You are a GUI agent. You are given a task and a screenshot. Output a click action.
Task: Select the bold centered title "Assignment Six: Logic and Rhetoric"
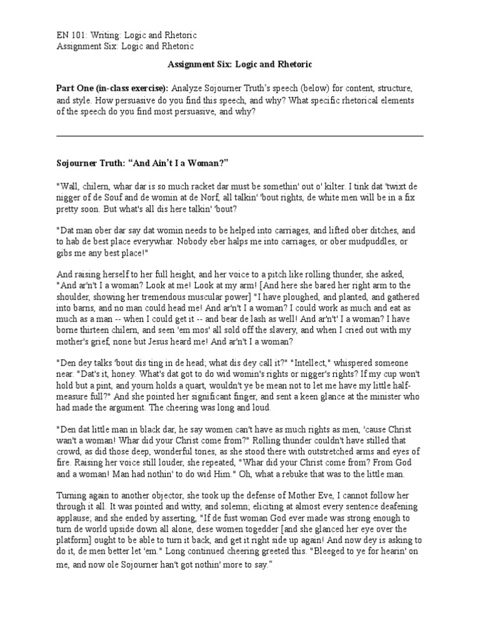pyautogui.click(x=240, y=64)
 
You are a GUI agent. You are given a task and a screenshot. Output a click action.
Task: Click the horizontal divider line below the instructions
pyautogui.click(x=240, y=136)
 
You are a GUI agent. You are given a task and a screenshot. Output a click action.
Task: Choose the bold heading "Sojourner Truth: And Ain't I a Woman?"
pyautogui.click(x=142, y=162)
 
